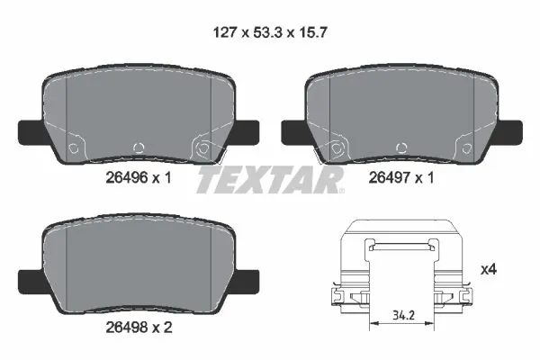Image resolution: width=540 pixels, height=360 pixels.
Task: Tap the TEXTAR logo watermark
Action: point(269,180)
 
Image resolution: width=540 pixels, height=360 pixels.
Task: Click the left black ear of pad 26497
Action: point(295,131)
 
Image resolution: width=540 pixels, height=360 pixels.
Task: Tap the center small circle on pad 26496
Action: point(138,148)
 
